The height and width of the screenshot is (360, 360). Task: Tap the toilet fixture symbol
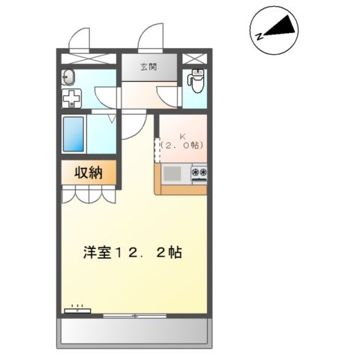tap(196, 78)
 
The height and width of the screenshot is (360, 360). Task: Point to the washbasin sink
tap(69, 75)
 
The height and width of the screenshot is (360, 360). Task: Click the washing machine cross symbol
tap(73, 97)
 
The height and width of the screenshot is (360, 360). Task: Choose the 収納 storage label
tap(89, 172)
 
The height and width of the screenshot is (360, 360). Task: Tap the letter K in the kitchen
tap(181, 136)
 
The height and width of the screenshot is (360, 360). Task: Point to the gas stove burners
tap(199, 174)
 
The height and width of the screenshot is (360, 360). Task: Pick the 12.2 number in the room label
tap(147, 253)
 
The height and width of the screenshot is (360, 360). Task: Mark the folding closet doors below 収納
tap(89, 195)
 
